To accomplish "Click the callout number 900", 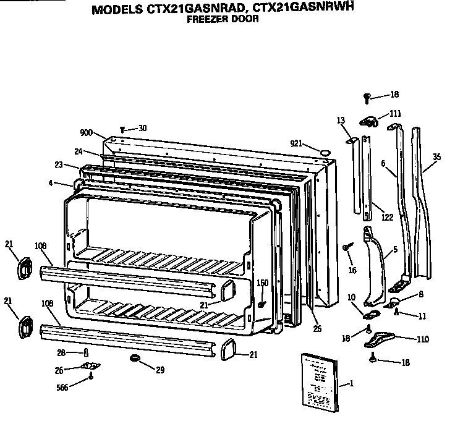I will [x=86, y=132].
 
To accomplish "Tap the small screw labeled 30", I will [x=123, y=129].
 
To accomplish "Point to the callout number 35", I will [x=437, y=157].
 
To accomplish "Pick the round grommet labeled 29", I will [x=134, y=359].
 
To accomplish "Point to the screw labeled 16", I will [x=346, y=247].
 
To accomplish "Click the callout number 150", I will [x=262, y=283].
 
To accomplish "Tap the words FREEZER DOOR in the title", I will [x=223, y=19].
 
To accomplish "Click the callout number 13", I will [x=340, y=120].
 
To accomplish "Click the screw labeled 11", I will [x=397, y=313].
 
